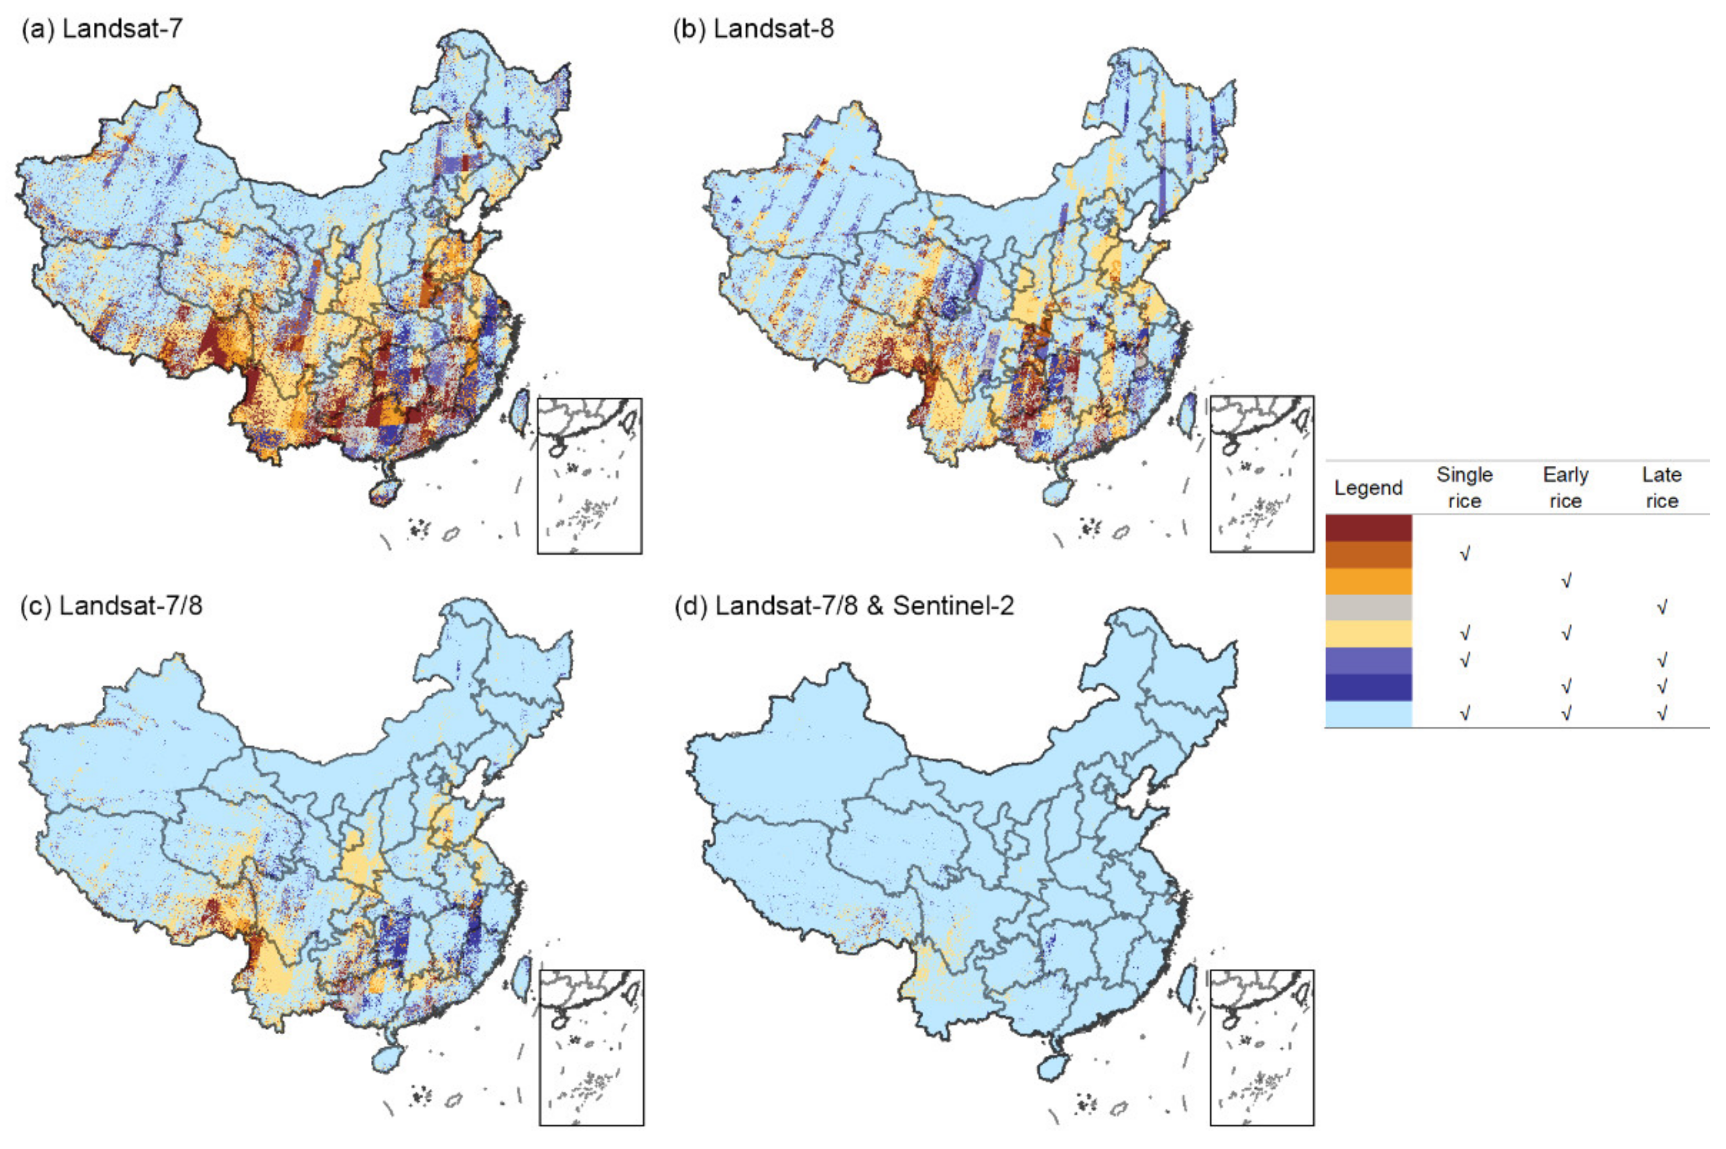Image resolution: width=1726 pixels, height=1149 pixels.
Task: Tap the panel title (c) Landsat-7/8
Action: point(112,606)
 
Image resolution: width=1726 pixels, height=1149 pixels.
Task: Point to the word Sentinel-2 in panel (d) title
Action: point(953,606)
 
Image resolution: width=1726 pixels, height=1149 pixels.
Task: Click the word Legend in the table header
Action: point(1368,488)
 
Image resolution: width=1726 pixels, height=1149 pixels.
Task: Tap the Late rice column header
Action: point(1661,488)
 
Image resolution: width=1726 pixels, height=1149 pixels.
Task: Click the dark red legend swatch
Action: point(1368,528)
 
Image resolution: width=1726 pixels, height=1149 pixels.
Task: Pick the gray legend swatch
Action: point(1368,607)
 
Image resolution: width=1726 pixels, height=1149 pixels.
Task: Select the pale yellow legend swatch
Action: point(1368,634)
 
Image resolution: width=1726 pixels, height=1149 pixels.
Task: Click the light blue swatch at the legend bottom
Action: point(1368,714)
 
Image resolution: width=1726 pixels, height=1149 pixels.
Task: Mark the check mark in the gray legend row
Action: point(1662,607)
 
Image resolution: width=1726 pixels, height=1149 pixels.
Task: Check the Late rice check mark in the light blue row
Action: point(1662,713)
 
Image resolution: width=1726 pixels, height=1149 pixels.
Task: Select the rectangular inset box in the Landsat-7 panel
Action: point(589,476)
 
